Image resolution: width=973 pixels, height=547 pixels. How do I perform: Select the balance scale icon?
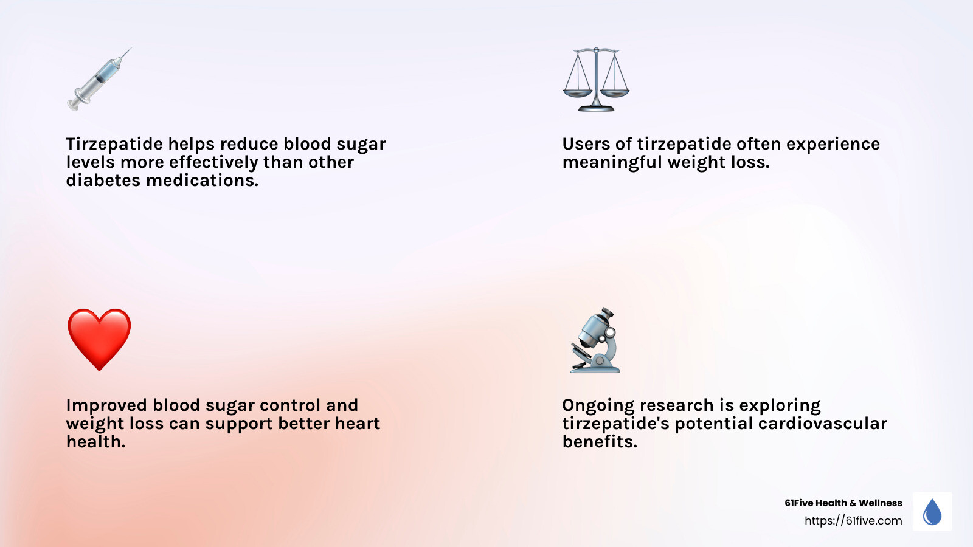click(x=596, y=80)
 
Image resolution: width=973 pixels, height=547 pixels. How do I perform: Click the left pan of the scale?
click(x=577, y=93)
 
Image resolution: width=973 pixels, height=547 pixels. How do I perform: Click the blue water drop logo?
click(x=932, y=512)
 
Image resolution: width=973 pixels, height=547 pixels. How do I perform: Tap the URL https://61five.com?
click(x=853, y=521)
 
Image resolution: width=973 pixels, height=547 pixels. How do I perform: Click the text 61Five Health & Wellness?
click(x=843, y=503)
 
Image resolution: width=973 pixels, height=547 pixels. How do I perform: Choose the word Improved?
click(x=106, y=405)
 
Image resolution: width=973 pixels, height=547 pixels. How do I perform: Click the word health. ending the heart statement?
click(x=95, y=442)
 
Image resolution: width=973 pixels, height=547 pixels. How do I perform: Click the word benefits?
click(x=600, y=442)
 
